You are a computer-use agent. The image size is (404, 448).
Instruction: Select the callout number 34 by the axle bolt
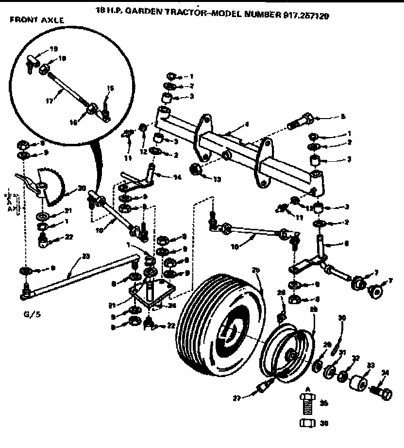[385, 373]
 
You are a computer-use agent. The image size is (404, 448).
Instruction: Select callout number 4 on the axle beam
[247, 124]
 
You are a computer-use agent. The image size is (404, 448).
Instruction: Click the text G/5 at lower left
[21, 315]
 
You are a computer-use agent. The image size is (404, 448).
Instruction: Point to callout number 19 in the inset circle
[53, 49]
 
